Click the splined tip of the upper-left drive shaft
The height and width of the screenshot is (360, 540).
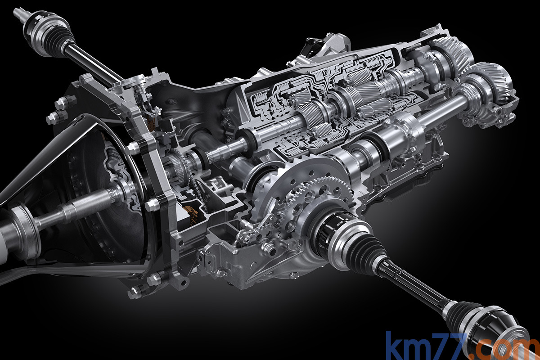19,13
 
